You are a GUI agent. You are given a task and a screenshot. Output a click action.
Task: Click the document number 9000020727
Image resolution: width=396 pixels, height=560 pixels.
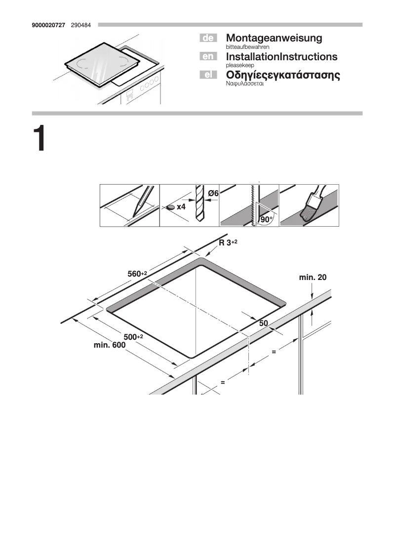click(48, 24)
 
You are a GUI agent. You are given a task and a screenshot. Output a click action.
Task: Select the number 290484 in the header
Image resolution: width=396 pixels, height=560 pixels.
click(81, 24)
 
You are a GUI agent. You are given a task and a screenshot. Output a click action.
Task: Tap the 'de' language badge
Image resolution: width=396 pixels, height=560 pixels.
click(208, 38)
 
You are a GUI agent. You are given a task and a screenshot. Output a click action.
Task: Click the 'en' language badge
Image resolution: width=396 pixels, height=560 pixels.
click(208, 56)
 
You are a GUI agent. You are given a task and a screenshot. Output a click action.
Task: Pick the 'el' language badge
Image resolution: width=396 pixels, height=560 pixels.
click(208, 75)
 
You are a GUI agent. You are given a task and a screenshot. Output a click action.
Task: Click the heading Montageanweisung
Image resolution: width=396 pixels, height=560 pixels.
click(274, 38)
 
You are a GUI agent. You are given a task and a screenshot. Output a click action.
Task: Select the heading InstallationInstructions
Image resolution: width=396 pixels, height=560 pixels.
click(281, 56)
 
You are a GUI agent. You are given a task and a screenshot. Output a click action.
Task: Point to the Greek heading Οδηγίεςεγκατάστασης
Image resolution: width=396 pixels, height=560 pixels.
click(283, 75)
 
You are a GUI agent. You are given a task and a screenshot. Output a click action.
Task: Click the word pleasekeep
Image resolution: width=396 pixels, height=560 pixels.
click(240, 65)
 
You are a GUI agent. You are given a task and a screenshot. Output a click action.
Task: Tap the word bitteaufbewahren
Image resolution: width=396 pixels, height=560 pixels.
click(247, 46)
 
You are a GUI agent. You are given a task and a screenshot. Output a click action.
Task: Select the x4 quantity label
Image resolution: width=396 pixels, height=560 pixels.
click(181, 207)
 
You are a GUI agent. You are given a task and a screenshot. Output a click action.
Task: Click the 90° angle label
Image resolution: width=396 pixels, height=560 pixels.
click(267, 219)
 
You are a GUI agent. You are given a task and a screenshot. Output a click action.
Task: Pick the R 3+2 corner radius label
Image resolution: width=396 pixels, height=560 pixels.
click(228, 242)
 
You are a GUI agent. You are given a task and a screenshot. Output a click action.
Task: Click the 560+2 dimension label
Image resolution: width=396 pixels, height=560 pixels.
click(137, 274)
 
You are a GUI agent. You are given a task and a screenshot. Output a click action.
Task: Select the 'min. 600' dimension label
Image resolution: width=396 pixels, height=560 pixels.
click(110, 345)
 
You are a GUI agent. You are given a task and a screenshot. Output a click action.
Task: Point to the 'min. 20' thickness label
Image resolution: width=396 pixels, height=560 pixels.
click(313, 278)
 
